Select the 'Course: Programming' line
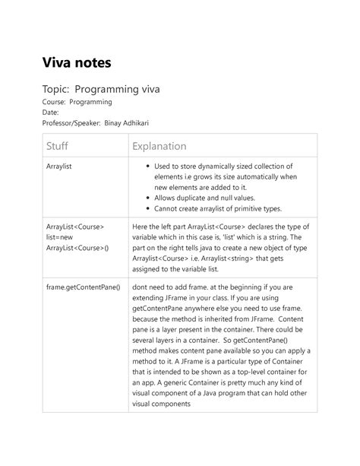point(71,101)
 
